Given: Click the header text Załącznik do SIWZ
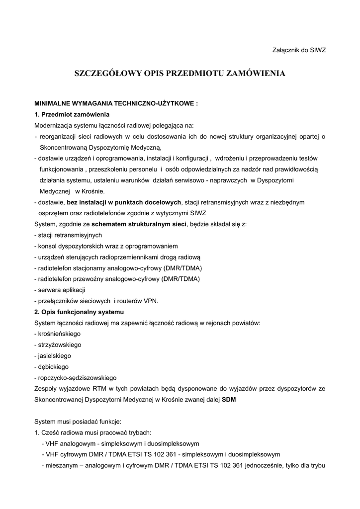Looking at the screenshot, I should tap(299, 50).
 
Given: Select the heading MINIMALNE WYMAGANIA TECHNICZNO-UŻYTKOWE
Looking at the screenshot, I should tap(116, 105).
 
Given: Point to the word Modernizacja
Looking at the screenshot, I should tap(54, 125).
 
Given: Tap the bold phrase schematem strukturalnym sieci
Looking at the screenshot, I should tap(139, 224).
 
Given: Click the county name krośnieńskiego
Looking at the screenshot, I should tap(59, 334).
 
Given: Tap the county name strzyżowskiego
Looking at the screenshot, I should tap(59, 344).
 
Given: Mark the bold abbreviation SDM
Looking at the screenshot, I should tap(229, 399).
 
